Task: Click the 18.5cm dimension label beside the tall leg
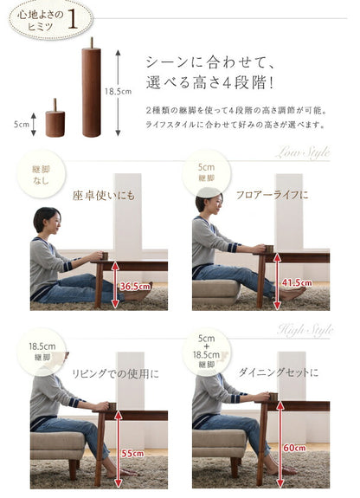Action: (x=118, y=91)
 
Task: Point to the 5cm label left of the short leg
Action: (x=22, y=123)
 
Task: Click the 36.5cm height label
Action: (x=134, y=285)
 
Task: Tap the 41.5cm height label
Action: (x=296, y=282)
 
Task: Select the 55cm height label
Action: (x=131, y=453)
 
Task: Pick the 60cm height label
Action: (x=293, y=448)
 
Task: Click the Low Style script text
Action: (x=302, y=153)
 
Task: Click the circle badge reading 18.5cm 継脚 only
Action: (x=41, y=350)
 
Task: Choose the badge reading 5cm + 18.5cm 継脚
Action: (x=206, y=351)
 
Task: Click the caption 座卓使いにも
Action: (x=103, y=195)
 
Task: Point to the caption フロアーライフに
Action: (x=272, y=195)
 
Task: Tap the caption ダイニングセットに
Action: (x=279, y=372)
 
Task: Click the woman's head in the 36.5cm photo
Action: (x=48, y=222)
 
